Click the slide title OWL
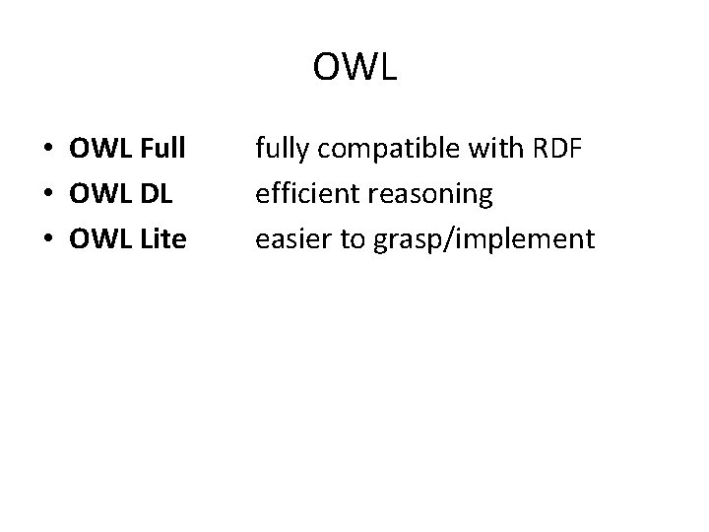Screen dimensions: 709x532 tap(354, 67)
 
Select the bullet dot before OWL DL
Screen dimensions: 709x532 tap(47, 195)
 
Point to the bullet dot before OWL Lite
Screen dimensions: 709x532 tap(47, 239)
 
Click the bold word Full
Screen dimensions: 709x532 tap(157, 150)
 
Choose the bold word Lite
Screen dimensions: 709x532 tap(158, 237)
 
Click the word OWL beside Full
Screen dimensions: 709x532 tap(97, 150)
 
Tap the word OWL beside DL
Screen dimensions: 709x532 tap(97, 194)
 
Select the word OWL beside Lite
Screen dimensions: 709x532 tap(97, 237)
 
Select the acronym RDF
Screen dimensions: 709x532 tap(557, 150)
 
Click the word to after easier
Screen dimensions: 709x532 tap(348, 237)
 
